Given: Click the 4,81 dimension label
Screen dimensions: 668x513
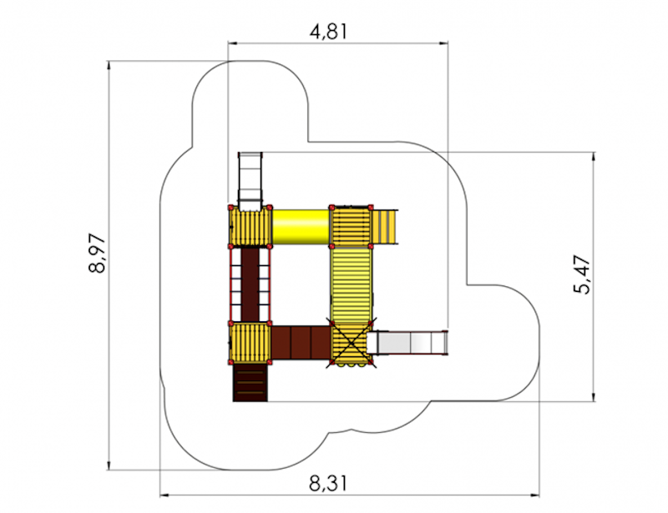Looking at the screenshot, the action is (328, 32).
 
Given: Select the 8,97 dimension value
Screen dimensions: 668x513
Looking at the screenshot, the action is (98, 253).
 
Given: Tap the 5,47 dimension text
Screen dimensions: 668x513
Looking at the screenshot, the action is (582, 274).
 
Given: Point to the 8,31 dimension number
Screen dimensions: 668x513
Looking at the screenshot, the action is (328, 484).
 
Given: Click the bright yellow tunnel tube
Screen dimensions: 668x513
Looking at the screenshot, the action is (301, 227).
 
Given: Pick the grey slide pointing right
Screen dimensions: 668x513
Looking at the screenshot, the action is (407, 342).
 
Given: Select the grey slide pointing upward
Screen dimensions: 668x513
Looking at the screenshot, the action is (250, 181).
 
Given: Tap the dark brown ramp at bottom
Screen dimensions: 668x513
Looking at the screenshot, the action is (250, 383).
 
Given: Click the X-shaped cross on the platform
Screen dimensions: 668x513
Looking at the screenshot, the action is (351, 343).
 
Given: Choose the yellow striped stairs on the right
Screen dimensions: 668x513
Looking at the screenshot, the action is (385, 227).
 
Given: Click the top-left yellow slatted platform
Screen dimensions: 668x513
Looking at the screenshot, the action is (250, 227).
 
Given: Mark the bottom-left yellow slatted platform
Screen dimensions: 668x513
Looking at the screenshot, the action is (250, 343).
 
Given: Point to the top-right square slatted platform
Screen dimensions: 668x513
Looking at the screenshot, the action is (351, 226).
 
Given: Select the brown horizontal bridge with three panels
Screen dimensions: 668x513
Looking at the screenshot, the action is (301, 343).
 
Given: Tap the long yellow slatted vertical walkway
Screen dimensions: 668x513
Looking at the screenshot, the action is (352, 284).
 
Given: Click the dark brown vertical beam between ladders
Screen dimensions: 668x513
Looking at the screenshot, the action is (250, 284).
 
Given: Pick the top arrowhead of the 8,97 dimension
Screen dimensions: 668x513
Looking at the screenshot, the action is (109, 65).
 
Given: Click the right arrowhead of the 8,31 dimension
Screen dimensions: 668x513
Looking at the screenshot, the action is (534, 495).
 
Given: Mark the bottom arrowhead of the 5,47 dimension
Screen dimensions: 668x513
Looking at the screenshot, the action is (594, 397).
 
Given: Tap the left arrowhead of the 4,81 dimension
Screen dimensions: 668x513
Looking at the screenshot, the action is (233, 43).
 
